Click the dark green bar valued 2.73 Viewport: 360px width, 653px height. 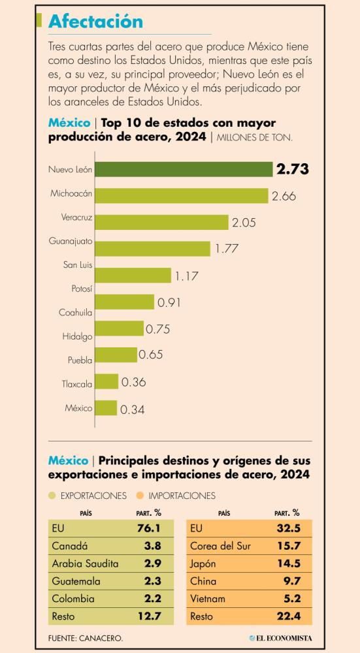coord(184,170)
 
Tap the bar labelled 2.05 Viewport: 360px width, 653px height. coord(161,222)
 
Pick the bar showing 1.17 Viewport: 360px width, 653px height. coord(133,276)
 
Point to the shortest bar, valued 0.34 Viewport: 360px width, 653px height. coord(106,407)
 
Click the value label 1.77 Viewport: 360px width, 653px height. coord(227,249)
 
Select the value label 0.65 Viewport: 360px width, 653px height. coord(150,355)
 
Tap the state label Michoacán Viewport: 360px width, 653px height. coord(71,193)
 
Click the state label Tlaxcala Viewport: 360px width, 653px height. coord(76,384)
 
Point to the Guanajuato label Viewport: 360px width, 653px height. coord(71,241)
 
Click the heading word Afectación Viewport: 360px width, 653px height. coord(95,22)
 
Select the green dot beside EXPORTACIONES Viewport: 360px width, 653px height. coord(52,496)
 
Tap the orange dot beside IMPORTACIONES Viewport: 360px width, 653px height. coord(140,496)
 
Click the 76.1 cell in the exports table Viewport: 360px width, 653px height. coord(149,528)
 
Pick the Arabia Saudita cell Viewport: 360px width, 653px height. coord(85,564)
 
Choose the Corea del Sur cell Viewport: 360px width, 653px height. coord(220,546)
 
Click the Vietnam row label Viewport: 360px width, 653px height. coord(208,599)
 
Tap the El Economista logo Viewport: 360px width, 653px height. coord(280,638)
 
